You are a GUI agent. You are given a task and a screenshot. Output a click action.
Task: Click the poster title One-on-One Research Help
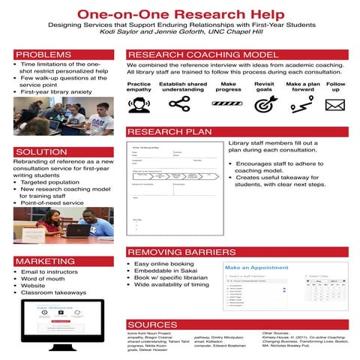point(180,13)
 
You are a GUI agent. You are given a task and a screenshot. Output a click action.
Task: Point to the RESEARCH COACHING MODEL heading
point(203,55)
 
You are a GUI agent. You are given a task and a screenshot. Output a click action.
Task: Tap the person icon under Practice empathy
point(139,105)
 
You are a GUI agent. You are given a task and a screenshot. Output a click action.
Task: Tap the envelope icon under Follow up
point(334,105)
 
